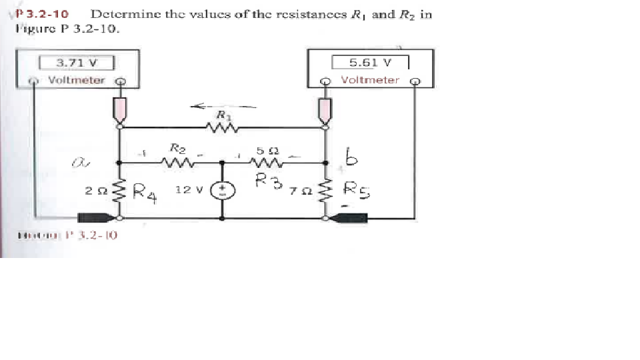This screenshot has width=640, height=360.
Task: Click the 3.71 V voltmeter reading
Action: (x=77, y=63)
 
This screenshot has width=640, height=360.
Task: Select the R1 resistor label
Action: (x=221, y=115)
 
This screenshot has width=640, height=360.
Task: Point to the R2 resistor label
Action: (x=177, y=147)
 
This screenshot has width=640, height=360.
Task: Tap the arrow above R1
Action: (x=223, y=105)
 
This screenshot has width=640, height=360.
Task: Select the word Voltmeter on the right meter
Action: (x=370, y=80)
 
